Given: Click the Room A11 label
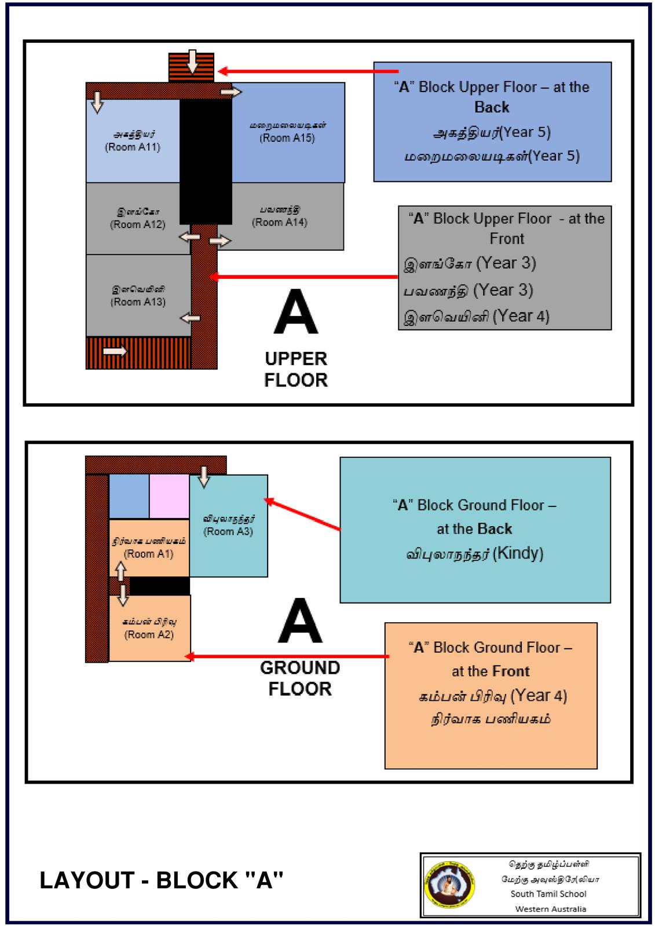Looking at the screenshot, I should click(x=132, y=147).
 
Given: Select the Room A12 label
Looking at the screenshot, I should click(x=137, y=225).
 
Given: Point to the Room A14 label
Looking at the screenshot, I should click(x=279, y=222).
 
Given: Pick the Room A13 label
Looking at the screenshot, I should click(x=138, y=302).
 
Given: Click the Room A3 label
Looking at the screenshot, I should click(x=228, y=531).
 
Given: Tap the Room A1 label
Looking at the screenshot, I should click(x=149, y=554).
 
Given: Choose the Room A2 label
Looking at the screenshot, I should click(x=149, y=635).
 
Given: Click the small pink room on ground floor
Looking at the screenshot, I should click(x=169, y=496).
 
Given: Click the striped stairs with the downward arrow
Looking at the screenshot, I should click(x=191, y=67).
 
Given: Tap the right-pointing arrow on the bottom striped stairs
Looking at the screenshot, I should click(x=115, y=351).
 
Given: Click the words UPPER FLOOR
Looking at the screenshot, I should click(x=296, y=369).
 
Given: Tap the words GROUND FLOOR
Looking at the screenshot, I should click(x=299, y=678).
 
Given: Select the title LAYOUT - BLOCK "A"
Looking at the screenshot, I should click(x=162, y=880).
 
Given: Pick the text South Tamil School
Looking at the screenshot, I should click(x=548, y=894).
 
